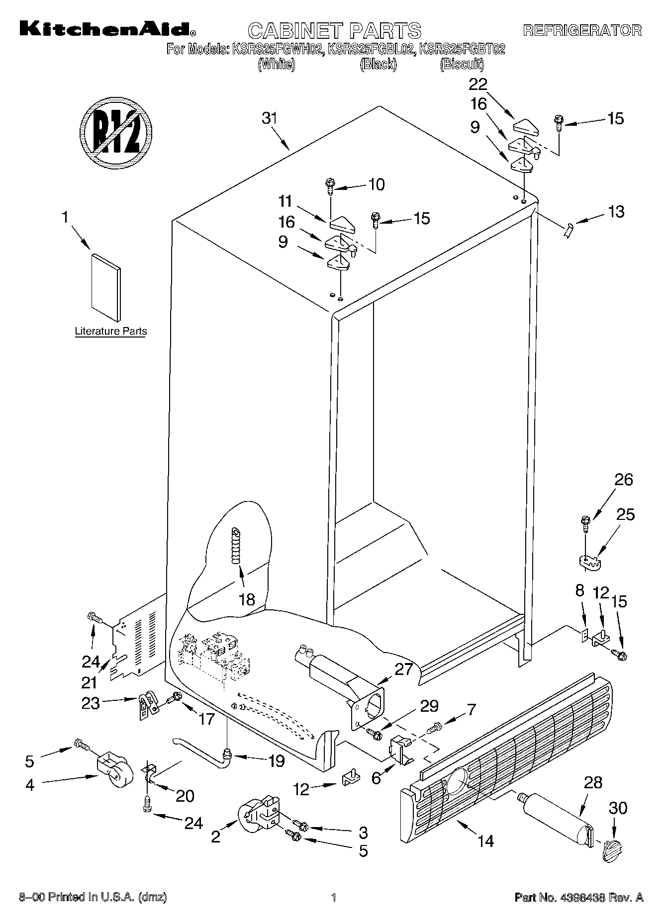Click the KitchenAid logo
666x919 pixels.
pyautogui.click(x=107, y=29)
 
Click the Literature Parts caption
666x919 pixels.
pyautogui.click(x=111, y=331)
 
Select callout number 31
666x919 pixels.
pyautogui.click(x=269, y=119)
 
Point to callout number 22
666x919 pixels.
pyautogui.click(x=478, y=84)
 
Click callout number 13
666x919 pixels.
pyautogui.click(x=616, y=212)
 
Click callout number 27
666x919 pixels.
pyautogui.click(x=403, y=669)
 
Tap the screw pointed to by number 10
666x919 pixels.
pyautogui.click(x=330, y=185)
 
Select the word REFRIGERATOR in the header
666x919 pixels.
pyautogui.click(x=582, y=30)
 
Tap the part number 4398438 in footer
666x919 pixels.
pyautogui.click(x=585, y=898)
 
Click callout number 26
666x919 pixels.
pyautogui.click(x=624, y=480)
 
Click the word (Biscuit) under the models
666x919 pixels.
pyautogui.click(x=462, y=64)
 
